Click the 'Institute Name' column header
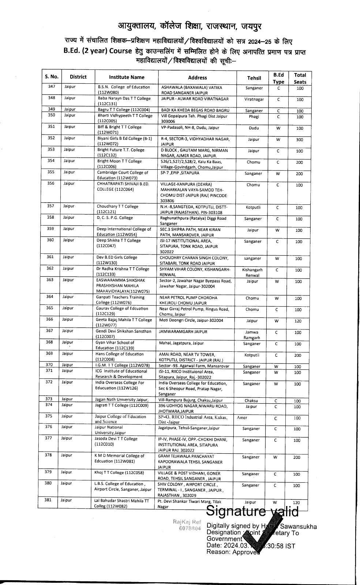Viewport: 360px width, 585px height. click(x=127, y=77)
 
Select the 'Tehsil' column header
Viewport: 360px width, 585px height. click(x=254, y=78)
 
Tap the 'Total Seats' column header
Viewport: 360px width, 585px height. click(x=300, y=78)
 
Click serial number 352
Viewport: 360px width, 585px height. click(x=51, y=138)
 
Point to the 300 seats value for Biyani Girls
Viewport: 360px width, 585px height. click(x=300, y=140)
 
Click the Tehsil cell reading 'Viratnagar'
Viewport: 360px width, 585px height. click(x=254, y=99)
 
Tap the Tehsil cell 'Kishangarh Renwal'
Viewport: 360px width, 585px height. click(x=252, y=272)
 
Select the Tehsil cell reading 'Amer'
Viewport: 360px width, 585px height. click(x=242, y=418)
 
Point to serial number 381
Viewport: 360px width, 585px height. click(x=48, y=500)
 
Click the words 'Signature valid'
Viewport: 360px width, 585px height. click(x=252, y=511)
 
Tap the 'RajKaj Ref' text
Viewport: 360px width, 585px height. click(x=187, y=522)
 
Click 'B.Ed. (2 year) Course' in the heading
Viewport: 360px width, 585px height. click(x=97, y=51)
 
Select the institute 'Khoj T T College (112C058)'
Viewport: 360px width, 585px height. click(x=119, y=472)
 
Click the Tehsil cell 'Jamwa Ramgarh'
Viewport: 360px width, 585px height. click(x=252, y=335)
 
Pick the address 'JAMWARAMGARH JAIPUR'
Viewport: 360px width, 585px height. click(x=183, y=332)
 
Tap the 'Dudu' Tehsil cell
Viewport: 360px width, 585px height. click(x=254, y=128)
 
